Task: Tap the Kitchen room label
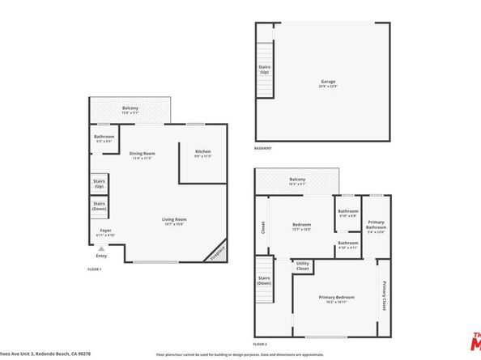[202, 154]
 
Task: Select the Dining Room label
[143, 155]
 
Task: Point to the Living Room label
[175, 221]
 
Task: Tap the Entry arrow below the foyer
[101, 248]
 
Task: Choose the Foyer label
[105, 232]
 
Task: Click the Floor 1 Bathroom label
[104, 138]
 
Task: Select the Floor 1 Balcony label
[130, 110]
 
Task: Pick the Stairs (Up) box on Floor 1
[99, 184]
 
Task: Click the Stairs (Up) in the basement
[264, 70]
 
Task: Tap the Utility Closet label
[303, 265]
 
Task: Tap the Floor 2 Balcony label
[297, 181]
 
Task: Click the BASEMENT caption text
[263, 148]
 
